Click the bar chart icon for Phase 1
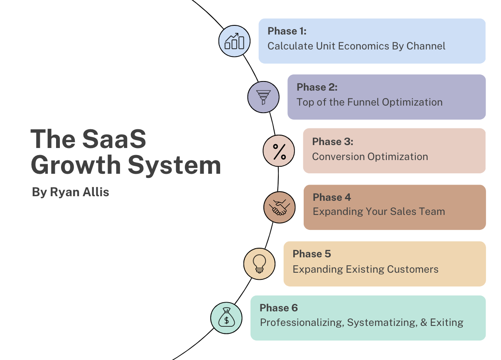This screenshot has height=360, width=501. pyautogui.click(x=234, y=41)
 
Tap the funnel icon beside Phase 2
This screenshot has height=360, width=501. pyautogui.click(x=263, y=96)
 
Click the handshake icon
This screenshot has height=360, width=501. pyautogui.click(x=279, y=207)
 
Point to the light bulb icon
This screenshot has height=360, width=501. pyautogui.click(x=259, y=263)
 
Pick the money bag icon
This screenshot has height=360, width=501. pyautogui.click(x=226, y=318)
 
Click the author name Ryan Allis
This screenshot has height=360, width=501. pyautogui.click(x=79, y=192)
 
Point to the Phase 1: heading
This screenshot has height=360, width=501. pyautogui.click(x=287, y=31)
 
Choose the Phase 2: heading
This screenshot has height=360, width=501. pyautogui.click(x=317, y=87)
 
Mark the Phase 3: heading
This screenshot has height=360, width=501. pyautogui.click(x=333, y=142)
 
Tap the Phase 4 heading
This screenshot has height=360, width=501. pyautogui.click(x=332, y=197)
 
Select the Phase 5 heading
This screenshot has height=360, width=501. pyautogui.click(x=312, y=254)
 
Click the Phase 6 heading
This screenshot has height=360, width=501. pyautogui.click(x=279, y=308)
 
